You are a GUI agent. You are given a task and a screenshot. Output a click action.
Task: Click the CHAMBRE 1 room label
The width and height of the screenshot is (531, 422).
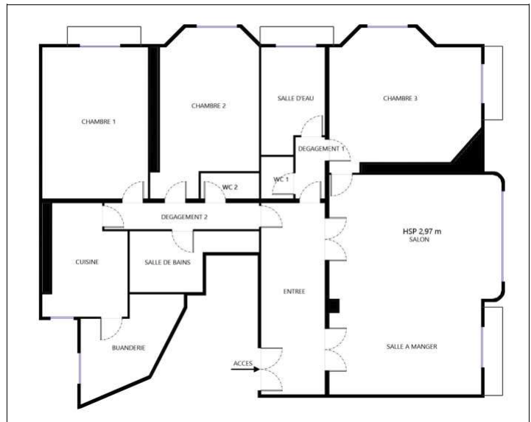(x=99, y=122)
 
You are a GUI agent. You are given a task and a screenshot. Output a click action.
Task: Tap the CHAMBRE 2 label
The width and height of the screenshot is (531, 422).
(x=208, y=105)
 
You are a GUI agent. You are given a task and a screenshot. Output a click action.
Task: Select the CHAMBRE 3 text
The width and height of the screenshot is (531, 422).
(x=401, y=99)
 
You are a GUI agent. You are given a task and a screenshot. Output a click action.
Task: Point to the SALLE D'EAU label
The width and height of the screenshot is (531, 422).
(x=295, y=99)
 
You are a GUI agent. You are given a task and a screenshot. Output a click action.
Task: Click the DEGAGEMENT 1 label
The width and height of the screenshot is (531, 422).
(x=321, y=149)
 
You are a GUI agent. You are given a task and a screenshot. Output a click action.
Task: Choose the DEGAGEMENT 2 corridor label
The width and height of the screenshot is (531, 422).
(x=184, y=217)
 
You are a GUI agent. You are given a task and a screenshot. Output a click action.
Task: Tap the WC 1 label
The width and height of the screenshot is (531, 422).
(x=281, y=179)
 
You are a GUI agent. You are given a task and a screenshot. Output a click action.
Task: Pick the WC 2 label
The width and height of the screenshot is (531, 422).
(x=230, y=187)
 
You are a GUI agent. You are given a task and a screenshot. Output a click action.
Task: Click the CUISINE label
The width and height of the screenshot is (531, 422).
(x=87, y=261)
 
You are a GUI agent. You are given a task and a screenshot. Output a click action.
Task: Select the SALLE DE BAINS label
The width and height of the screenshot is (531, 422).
(x=168, y=262)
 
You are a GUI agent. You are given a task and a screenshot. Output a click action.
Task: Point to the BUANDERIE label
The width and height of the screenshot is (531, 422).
(x=129, y=348)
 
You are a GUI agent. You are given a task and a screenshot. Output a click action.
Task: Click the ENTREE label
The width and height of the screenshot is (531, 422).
(x=295, y=291)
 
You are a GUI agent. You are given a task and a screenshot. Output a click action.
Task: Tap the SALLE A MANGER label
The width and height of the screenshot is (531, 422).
(x=412, y=346)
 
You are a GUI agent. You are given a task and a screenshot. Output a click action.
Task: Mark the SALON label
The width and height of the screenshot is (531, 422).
(x=419, y=239)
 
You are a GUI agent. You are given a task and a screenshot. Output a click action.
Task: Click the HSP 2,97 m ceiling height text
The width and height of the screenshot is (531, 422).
(x=422, y=232)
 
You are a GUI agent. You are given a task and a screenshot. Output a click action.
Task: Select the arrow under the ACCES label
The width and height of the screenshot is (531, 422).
(x=245, y=369)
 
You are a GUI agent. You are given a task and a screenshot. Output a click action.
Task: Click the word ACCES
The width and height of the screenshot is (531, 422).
(x=243, y=363)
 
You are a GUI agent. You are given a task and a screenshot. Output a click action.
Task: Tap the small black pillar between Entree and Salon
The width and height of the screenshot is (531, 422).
(x=334, y=306)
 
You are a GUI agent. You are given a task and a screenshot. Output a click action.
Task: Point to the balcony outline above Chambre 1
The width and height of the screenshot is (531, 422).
(x=104, y=27)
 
